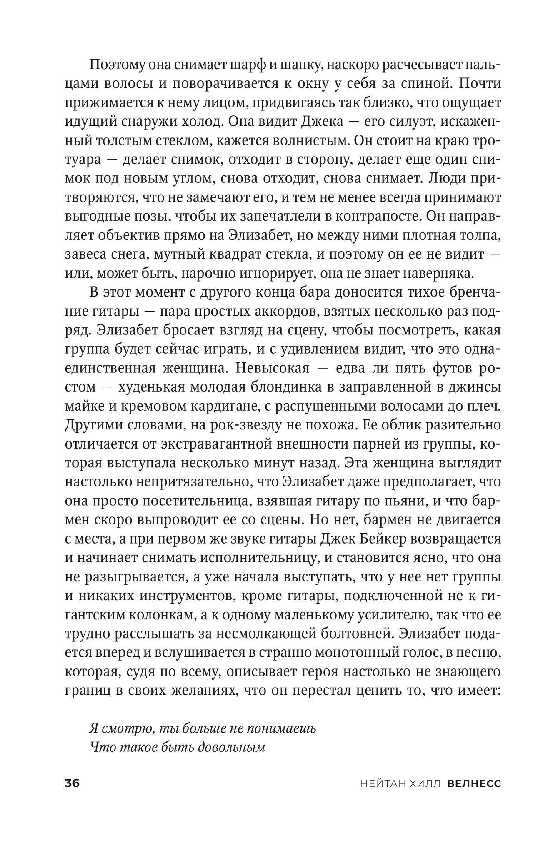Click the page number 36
(x=72, y=783)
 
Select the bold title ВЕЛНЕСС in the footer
(x=474, y=783)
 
